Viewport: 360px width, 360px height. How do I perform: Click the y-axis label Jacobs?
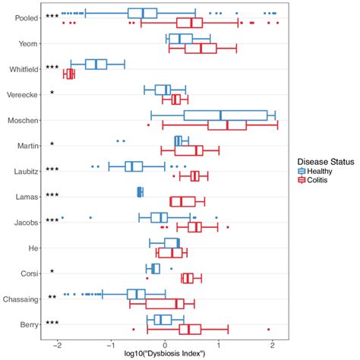(x=28, y=221)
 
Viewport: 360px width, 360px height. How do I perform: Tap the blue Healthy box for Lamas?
(x=140, y=191)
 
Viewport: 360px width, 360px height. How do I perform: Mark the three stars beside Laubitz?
(x=52, y=171)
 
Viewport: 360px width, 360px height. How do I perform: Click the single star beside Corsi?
(x=52, y=272)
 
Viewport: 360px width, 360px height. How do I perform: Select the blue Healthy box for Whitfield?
(x=96, y=64)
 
